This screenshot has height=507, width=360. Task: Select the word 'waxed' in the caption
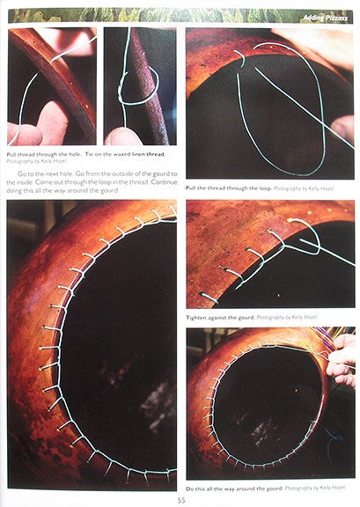124,154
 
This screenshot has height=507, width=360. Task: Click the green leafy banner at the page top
132,15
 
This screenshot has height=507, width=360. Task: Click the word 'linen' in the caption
145,154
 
